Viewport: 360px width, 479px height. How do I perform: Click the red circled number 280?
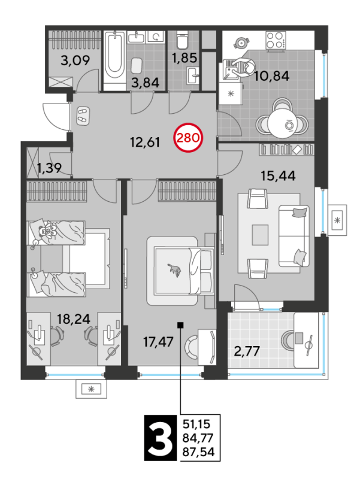tap(187, 138)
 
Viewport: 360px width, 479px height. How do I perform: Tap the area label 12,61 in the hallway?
tap(145, 143)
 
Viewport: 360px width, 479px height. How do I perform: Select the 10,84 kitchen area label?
tap(272, 76)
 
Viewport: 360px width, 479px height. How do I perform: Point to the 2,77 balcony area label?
tap(247, 351)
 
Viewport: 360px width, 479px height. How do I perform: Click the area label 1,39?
tap(50, 168)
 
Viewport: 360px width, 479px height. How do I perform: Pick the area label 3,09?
tap(75, 60)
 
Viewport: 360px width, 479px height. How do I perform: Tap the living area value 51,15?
tap(197, 424)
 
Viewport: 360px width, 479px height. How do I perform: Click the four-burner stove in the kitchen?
tap(276, 40)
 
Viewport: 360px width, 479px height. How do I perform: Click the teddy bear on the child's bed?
tap(48, 231)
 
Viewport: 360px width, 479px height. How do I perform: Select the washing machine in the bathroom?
tap(156, 37)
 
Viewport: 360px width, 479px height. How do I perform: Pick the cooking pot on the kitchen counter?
tap(242, 43)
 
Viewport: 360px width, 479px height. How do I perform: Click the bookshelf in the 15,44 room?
tap(287, 149)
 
